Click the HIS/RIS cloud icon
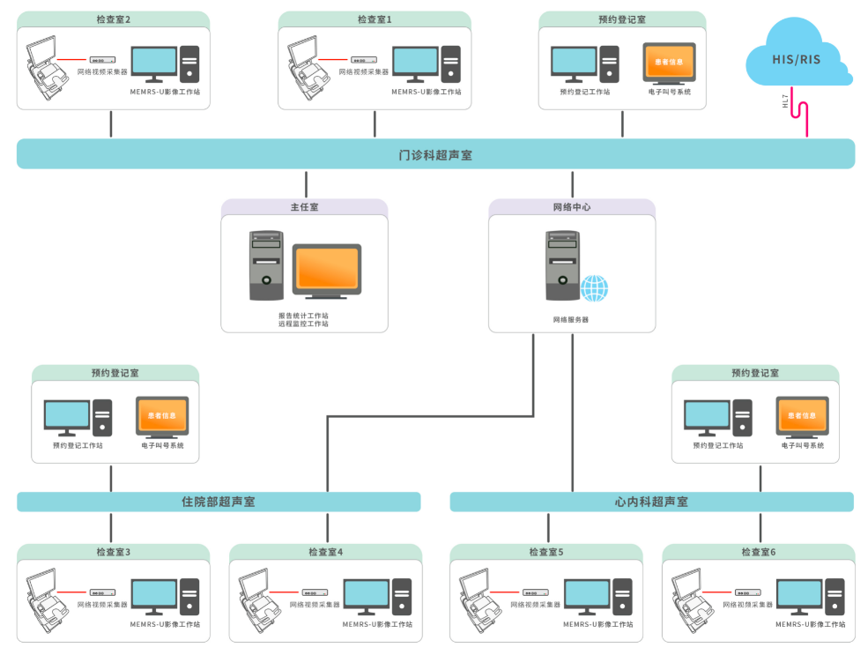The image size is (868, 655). (x=798, y=57)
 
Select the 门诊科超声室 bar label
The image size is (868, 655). (x=435, y=155)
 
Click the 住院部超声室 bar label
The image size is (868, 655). (x=219, y=502)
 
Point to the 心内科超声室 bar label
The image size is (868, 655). (x=651, y=502)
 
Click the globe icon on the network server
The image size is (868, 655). (x=594, y=287)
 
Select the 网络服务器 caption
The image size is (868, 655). (x=571, y=319)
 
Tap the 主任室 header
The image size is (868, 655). (x=304, y=207)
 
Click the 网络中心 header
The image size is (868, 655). (x=572, y=207)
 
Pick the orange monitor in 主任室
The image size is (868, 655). (x=327, y=269)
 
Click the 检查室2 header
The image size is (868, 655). (x=114, y=19)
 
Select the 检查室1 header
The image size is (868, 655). (x=375, y=19)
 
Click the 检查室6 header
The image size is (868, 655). (x=759, y=553)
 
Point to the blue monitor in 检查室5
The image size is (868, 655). (x=586, y=595)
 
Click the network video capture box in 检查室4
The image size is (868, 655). (x=315, y=592)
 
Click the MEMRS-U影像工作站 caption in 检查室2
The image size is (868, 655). (x=165, y=91)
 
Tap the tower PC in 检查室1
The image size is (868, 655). (x=451, y=64)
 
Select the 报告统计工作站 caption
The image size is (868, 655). (x=303, y=315)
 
